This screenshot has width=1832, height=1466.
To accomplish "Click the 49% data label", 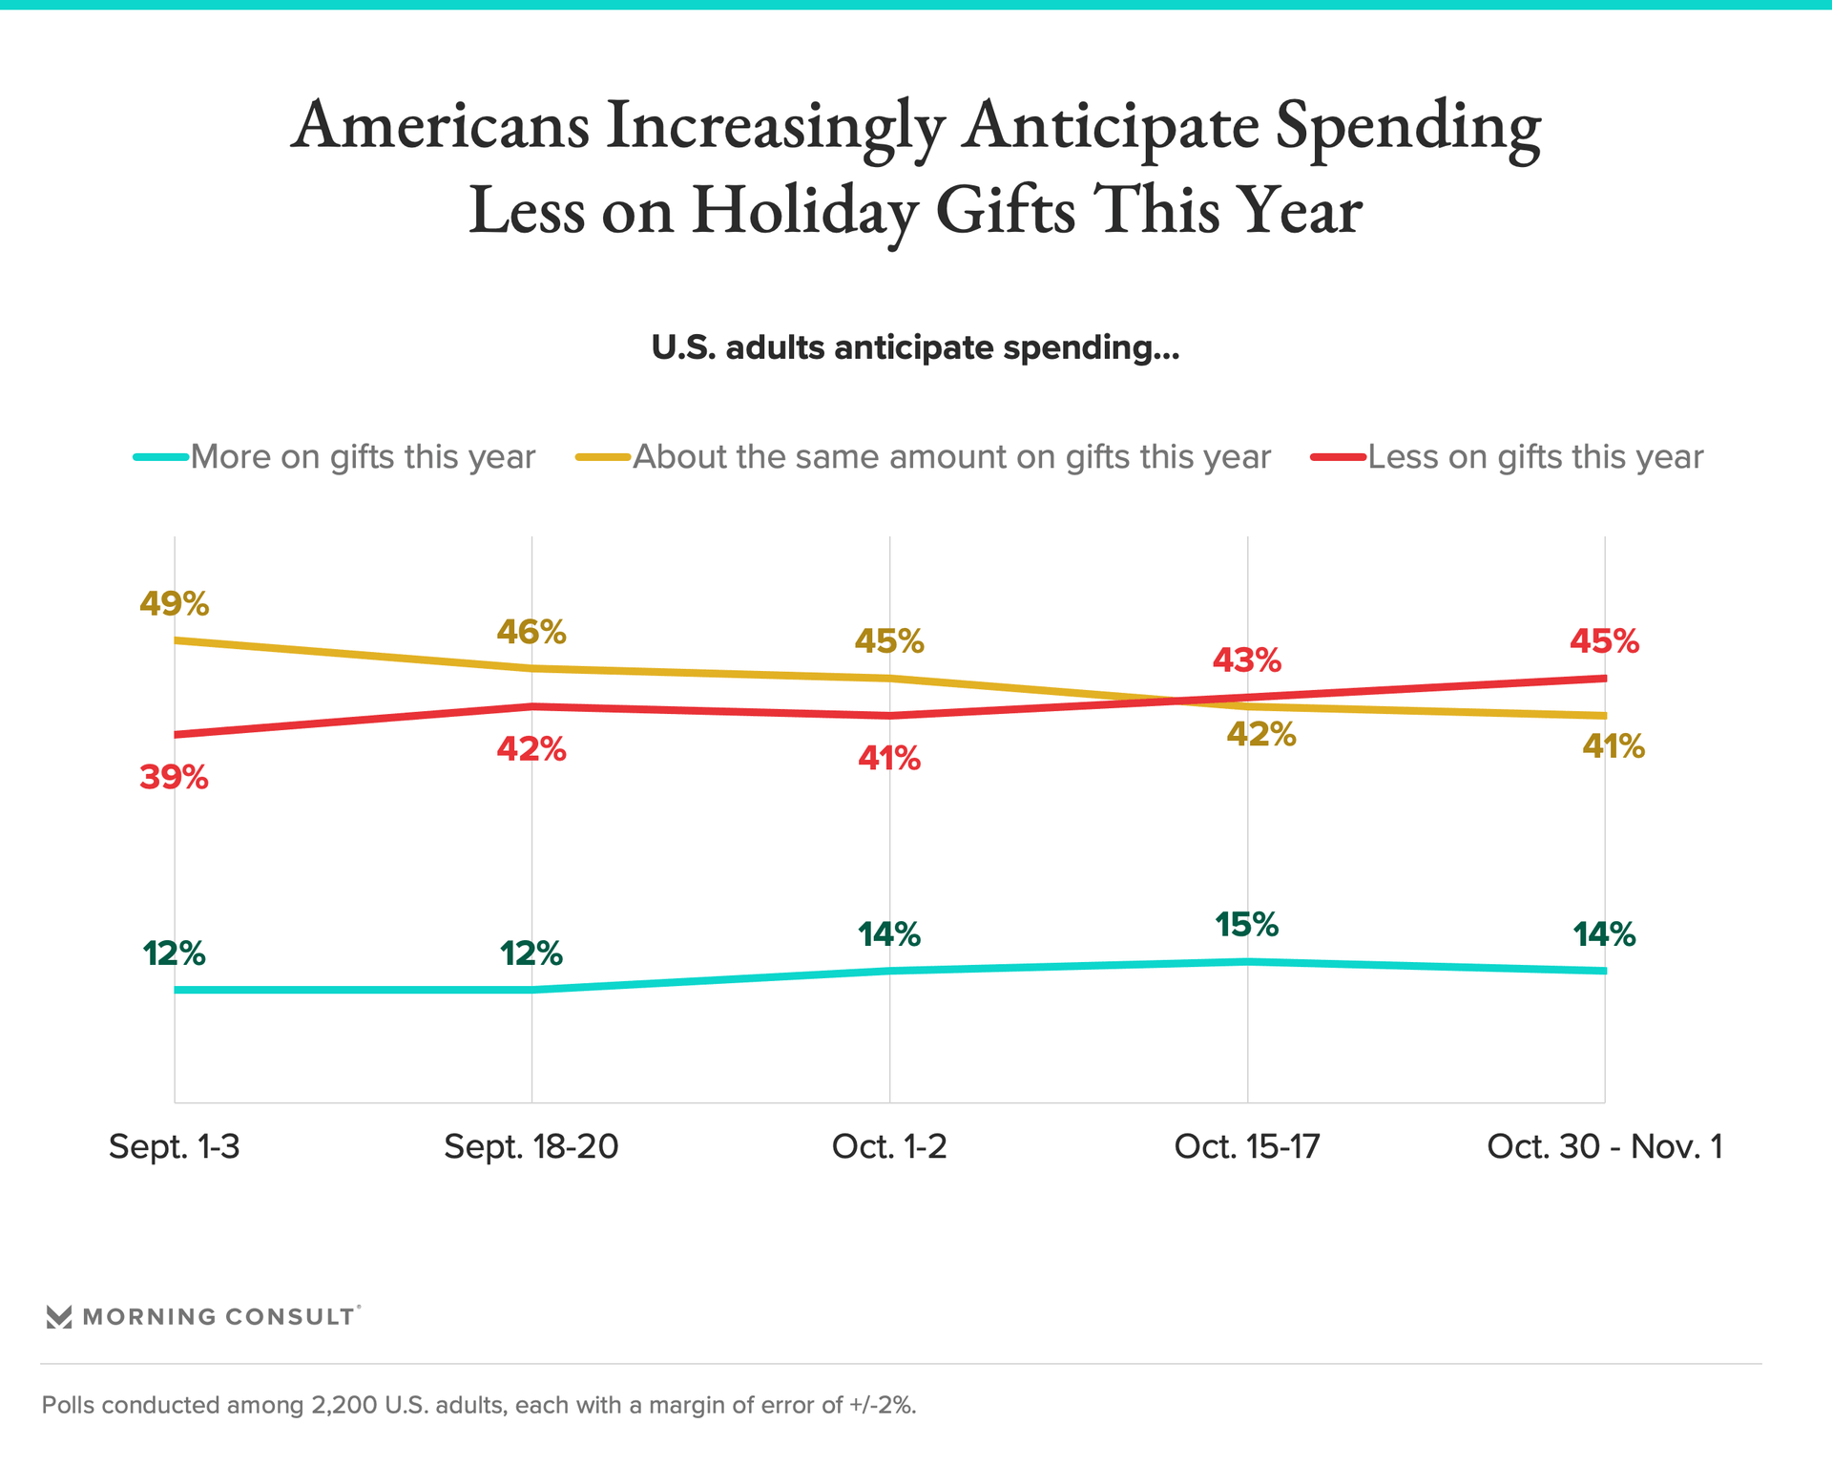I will point(174,603).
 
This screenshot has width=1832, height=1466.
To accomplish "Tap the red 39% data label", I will point(174,778).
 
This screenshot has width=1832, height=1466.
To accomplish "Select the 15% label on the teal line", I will point(1246,925).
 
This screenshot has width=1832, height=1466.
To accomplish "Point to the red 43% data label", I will point(1246,660).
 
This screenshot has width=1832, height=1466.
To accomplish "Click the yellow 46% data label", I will point(531,632).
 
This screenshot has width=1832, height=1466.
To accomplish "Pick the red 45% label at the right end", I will point(1604,641).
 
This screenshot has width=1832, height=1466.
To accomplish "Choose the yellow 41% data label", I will point(1613,745).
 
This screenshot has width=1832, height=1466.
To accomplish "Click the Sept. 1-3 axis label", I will point(174,1146).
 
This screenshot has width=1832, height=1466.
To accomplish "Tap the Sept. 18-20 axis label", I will point(531,1146).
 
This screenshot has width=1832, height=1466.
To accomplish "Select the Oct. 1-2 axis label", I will point(889,1146).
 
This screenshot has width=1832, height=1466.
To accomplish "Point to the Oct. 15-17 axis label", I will point(1246,1146).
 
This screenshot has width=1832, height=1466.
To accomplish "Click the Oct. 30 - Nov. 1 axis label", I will point(1605,1146).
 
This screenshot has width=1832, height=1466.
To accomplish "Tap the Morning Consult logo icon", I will point(59,1317).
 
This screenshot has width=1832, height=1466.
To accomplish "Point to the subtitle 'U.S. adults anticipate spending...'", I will point(915,348).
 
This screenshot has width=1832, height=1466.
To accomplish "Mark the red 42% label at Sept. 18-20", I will point(531,750).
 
